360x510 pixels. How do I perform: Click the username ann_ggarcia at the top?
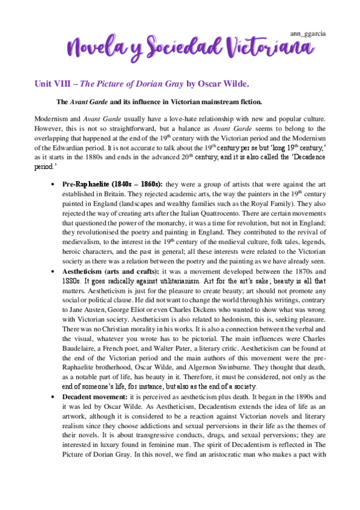tap(308, 34)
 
